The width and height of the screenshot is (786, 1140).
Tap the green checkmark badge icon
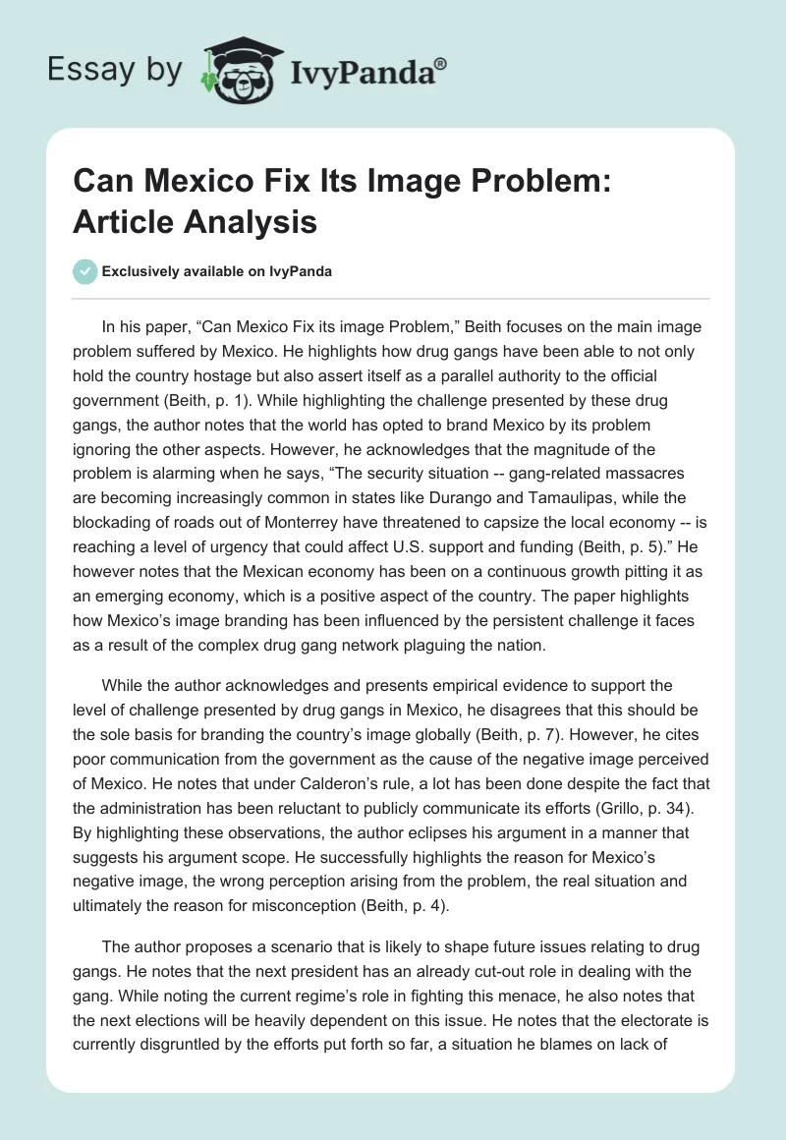pos(85,271)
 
